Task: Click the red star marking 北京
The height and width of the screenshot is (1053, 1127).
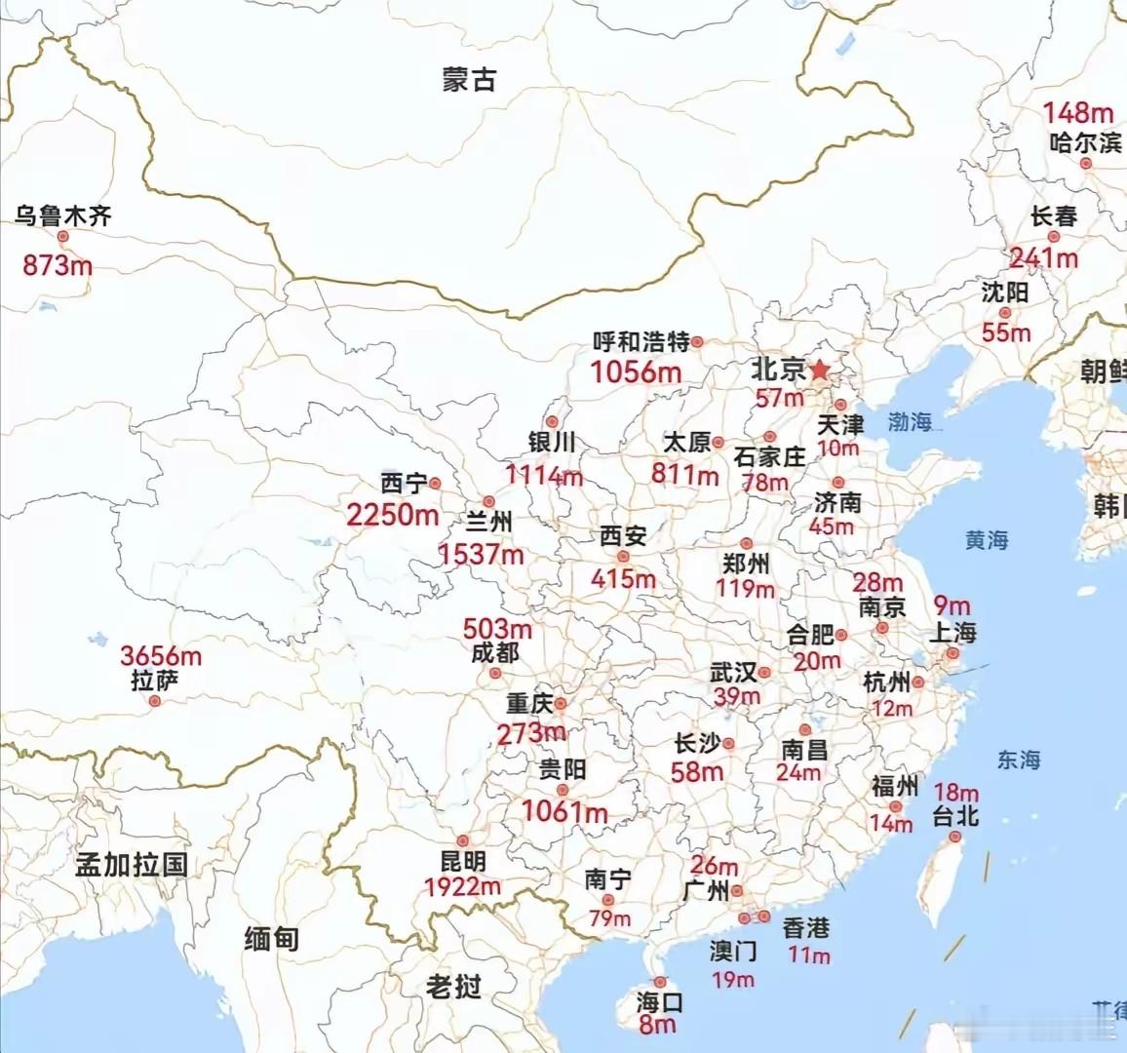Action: point(820,370)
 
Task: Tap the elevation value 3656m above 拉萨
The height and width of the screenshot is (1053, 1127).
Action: point(161,656)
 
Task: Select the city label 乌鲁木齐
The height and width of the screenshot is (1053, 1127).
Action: point(63,215)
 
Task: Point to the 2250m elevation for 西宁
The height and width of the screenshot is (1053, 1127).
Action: point(392,515)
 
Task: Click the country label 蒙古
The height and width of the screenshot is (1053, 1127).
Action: point(469,80)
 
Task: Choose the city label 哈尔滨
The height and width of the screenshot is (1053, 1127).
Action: point(1085,142)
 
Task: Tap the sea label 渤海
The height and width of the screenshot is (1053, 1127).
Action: point(909,422)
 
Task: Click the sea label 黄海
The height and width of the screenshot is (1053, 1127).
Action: point(987,539)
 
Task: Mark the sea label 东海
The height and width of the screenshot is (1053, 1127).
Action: point(1018,760)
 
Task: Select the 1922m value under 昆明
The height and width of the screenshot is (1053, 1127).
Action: point(462,886)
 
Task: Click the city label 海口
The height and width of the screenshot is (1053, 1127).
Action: point(660,1001)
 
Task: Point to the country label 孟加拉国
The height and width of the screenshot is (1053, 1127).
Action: point(132,865)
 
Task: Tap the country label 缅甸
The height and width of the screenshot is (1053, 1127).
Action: point(271,938)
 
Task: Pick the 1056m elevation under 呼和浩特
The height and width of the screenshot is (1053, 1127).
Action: point(636,371)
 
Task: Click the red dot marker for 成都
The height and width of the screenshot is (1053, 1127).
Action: point(495,674)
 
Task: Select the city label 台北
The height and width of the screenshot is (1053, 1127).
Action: point(955,816)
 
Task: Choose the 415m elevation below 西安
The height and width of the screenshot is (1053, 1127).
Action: point(623,578)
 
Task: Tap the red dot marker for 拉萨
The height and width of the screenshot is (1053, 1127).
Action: point(154,701)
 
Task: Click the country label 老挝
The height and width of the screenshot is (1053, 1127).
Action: point(453,987)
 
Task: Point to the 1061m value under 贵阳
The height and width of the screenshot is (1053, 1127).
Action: point(564,811)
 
